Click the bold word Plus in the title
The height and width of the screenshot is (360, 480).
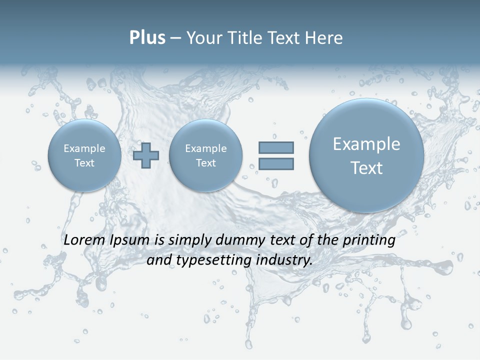point(147,38)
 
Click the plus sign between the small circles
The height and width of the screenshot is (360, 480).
point(146,155)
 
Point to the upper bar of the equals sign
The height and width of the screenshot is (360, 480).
point(276,147)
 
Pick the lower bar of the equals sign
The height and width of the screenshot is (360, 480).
point(276,163)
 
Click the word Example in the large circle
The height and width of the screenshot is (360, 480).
point(366,144)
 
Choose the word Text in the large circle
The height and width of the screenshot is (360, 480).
point(366,168)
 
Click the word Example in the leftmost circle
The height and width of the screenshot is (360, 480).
point(84,148)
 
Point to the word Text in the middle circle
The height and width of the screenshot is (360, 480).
point(205,163)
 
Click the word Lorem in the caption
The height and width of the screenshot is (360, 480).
point(84,240)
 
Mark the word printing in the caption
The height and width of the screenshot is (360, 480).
point(368,240)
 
